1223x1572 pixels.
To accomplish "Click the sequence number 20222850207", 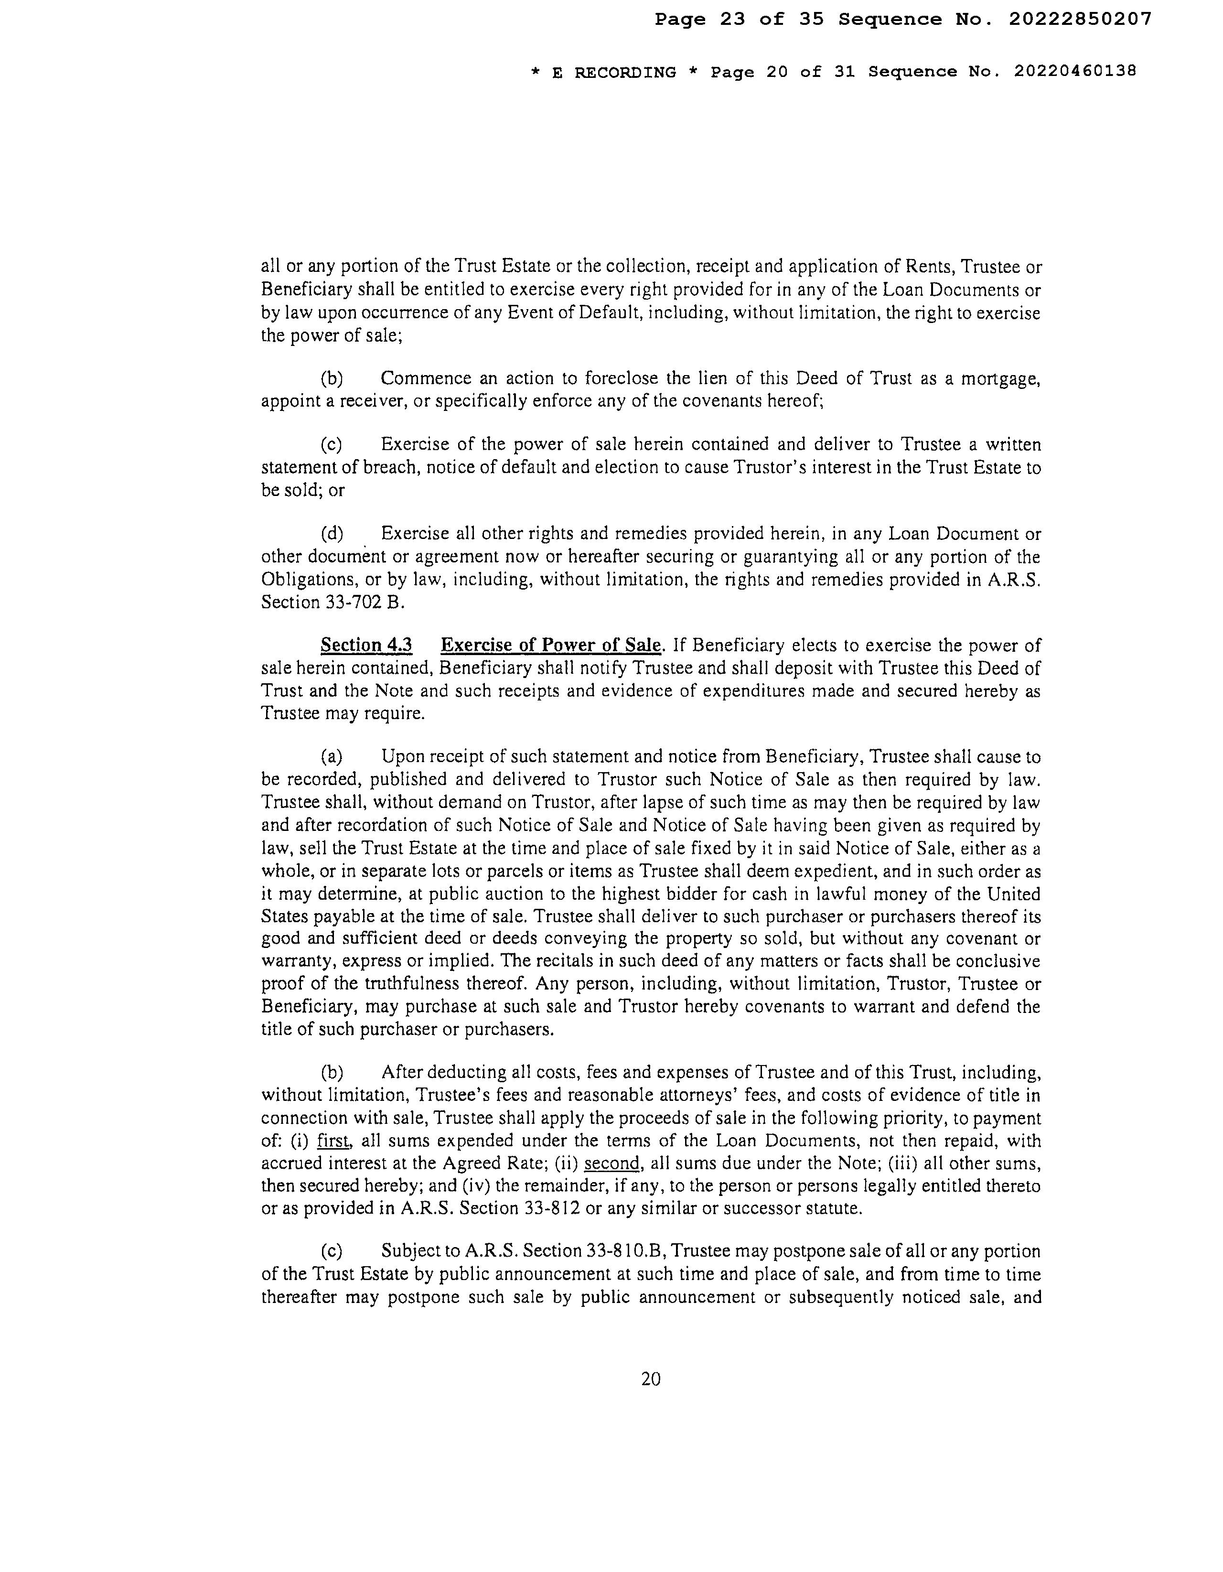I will tap(1079, 20).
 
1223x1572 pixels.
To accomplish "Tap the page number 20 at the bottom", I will tap(651, 1378).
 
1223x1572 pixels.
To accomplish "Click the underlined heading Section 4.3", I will tap(366, 645).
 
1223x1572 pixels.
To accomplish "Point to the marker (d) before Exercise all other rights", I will tap(332, 534).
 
